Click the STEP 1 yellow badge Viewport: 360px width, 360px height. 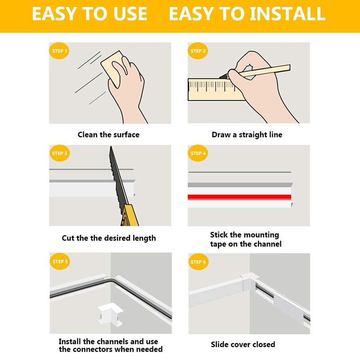59,51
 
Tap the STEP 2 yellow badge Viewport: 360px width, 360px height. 198,51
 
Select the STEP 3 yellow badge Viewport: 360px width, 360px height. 59,153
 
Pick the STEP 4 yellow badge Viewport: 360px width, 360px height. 198,153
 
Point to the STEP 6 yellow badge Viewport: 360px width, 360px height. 198,261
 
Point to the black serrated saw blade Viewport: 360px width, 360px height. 117,175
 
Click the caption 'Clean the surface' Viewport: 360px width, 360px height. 108,135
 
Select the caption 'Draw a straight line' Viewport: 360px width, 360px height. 247,135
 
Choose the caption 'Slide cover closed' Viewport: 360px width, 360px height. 243,344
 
